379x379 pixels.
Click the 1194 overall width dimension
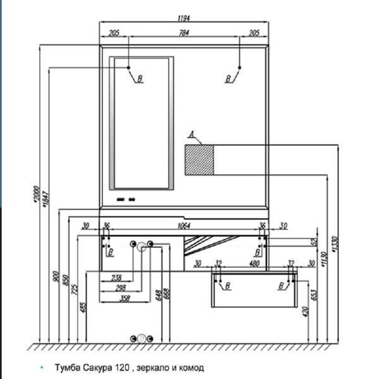(184, 18)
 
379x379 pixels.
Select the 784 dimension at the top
(184, 33)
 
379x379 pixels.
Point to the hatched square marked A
(199, 160)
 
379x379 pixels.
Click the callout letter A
(192, 135)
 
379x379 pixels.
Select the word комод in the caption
(193, 368)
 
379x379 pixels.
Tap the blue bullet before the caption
(42, 368)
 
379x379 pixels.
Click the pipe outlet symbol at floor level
(141, 338)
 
